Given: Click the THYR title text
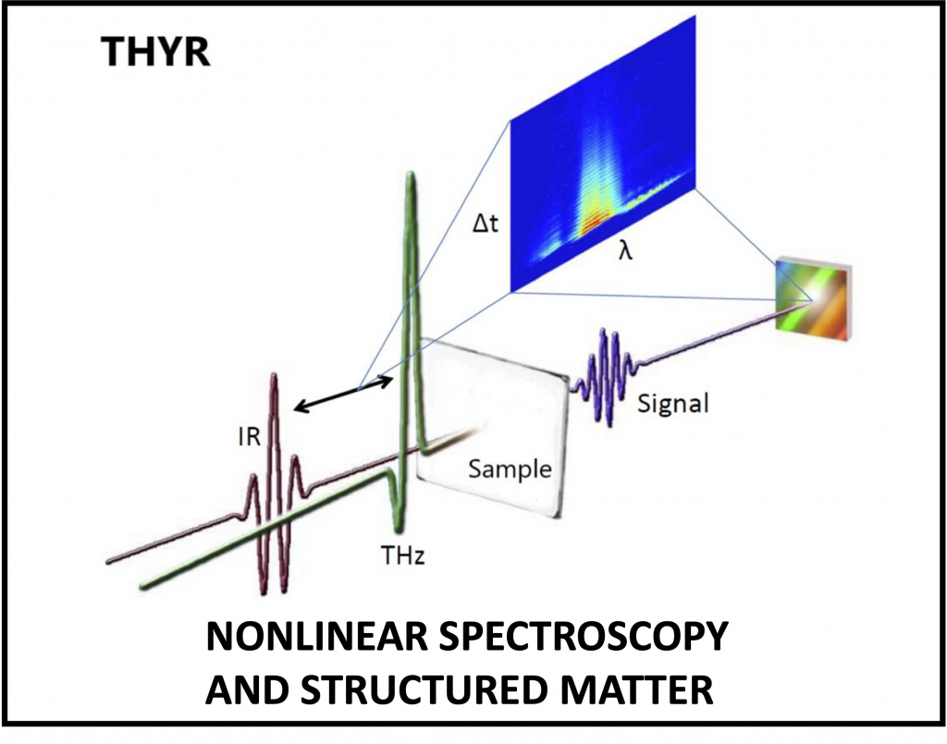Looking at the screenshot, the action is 155,51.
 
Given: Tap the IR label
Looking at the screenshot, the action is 250,436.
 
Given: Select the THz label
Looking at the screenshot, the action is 403,555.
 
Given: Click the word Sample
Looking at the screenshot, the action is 510,470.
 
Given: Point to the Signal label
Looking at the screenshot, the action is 673,403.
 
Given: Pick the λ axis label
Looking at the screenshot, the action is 625,250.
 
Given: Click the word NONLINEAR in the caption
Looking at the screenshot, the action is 317,637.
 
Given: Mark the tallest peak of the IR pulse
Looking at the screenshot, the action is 274,379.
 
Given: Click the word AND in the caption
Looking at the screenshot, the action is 248,689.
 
